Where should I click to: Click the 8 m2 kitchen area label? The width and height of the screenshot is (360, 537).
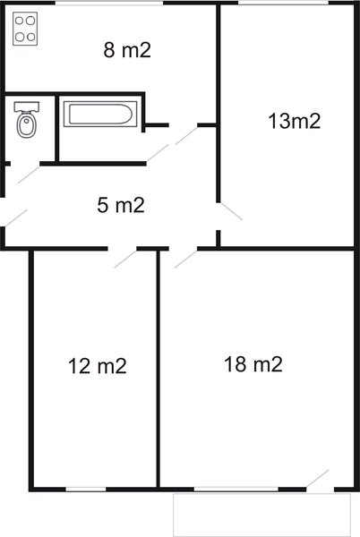coord(127,50)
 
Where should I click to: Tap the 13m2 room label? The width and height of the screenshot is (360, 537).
coord(295,121)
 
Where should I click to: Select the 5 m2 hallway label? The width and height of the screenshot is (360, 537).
coord(121,205)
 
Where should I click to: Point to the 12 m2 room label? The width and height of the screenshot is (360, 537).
coord(98,366)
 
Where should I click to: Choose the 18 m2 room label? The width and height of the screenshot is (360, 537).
coord(253,364)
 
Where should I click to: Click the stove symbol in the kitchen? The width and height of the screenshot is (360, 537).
coord(25,29)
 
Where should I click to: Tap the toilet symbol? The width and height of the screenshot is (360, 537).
coord(26,120)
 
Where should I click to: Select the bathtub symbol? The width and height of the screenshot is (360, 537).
coord(100,114)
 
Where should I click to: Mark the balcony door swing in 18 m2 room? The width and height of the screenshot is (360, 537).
coord(317,479)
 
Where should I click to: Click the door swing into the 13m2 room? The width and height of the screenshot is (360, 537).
coord(231,211)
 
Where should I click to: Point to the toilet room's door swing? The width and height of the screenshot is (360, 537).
coord(29,175)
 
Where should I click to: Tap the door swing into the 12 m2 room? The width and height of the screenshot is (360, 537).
coord(125,259)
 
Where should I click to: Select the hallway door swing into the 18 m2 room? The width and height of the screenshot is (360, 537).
coord(186,259)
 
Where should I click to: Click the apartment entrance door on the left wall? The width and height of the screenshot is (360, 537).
coord(16,218)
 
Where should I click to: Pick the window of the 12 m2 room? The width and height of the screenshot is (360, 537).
coord(86,489)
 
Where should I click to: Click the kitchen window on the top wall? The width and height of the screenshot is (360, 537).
coord(109,3)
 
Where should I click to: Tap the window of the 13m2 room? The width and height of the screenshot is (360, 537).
coord(283,3)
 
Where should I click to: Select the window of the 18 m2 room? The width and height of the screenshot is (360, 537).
coord(236,489)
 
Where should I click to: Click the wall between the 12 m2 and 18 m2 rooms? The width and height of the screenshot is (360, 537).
coord(159,369)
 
